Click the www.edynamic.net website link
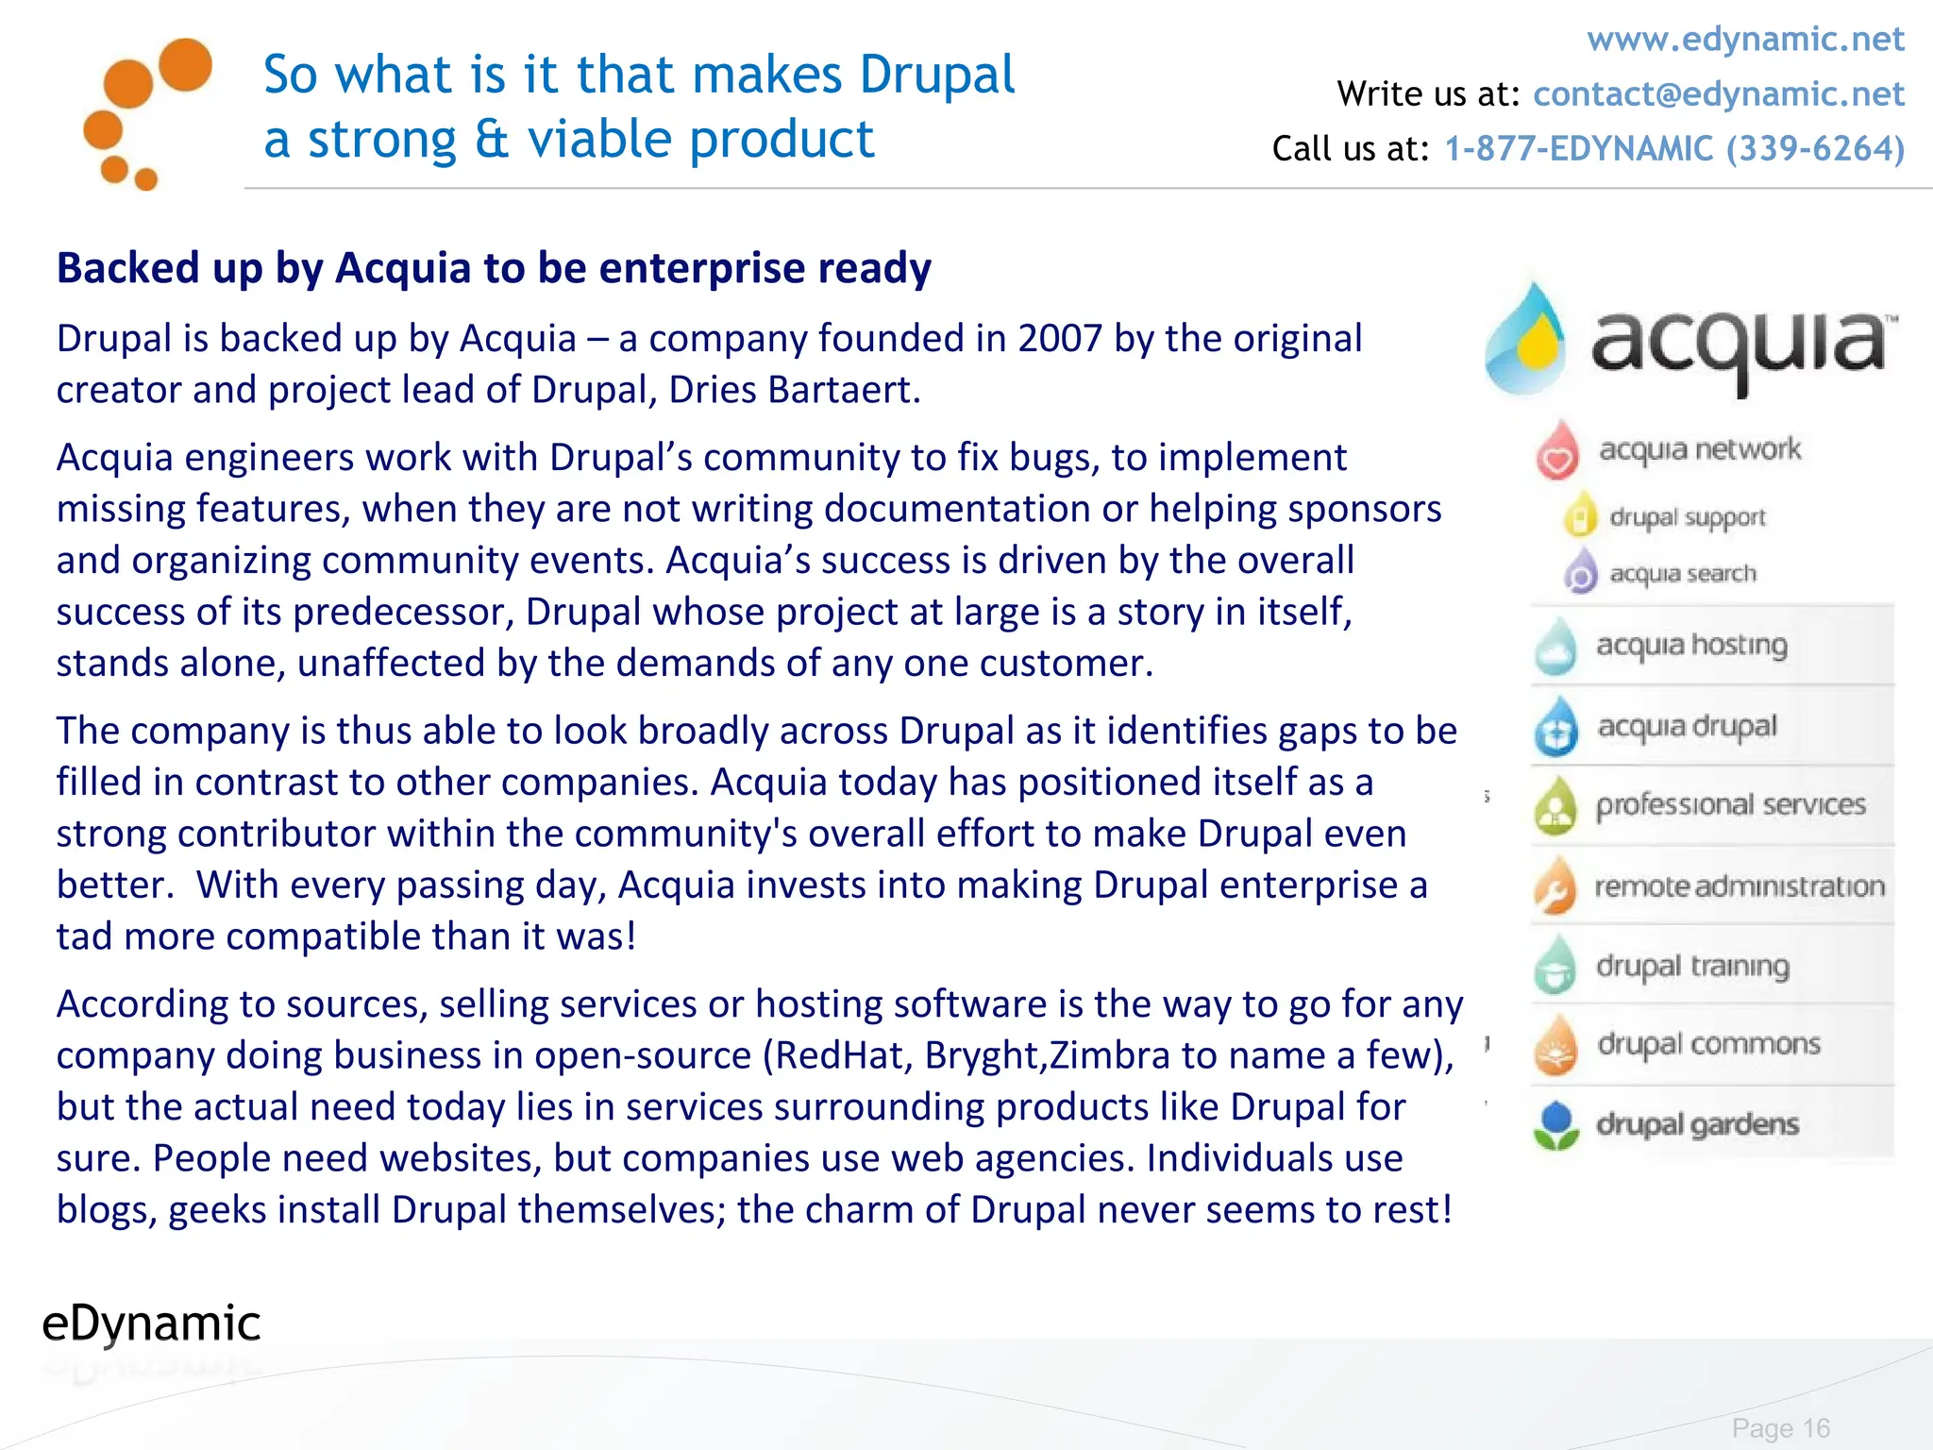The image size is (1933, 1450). (1745, 40)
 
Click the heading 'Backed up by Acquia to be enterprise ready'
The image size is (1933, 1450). (494, 268)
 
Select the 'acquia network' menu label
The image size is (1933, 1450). (1699, 449)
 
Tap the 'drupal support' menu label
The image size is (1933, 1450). (1687, 517)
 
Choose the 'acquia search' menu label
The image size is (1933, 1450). (1682, 574)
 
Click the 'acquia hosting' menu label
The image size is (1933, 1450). (1691, 645)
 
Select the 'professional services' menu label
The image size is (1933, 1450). (1730, 804)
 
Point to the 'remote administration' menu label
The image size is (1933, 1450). (1739, 886)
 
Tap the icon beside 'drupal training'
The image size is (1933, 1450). (1555, 967)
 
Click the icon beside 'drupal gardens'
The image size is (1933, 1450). (1555, 1125)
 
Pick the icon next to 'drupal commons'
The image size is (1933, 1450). (1555, 1045)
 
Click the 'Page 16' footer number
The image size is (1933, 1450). (1780, 1428)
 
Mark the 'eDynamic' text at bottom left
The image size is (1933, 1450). (151, 1324)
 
